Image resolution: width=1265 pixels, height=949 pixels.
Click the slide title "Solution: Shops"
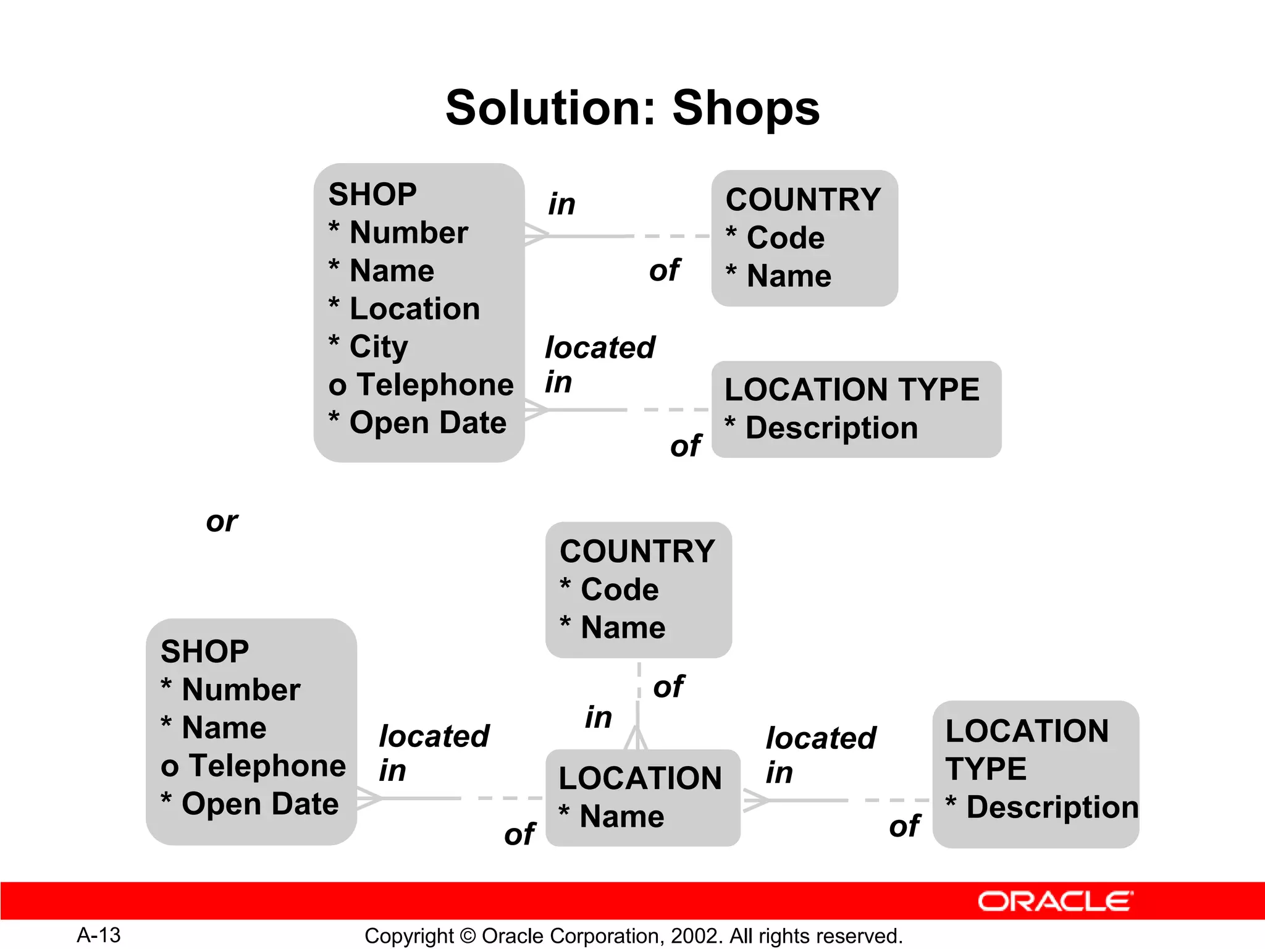(x=632, y=108)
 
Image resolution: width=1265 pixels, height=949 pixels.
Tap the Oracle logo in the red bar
(x=1055, y=901)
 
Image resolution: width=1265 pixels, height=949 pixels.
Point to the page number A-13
(x=99, y=935)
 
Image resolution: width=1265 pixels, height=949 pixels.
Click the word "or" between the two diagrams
(x=222, y=522)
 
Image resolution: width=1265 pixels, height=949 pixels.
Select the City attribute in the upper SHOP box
(x=378, y=347)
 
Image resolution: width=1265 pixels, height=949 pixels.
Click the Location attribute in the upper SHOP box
(x=414, y=308)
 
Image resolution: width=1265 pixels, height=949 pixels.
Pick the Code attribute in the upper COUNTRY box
(x=785, y=238)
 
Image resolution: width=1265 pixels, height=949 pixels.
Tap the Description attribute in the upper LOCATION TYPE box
(x=831, y=428)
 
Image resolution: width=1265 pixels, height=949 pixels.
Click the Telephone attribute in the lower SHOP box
(x=267, y=766)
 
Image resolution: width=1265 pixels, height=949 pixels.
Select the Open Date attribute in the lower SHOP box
(x=259, y=804)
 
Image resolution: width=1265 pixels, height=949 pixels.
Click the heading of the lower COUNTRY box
(x=637, y=551)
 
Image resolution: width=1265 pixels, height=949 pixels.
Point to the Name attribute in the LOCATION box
(x=621, y=816)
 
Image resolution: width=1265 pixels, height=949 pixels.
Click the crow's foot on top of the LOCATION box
(x=636, y=738)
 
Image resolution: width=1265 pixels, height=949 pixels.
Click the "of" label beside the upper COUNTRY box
(x=665, y=271)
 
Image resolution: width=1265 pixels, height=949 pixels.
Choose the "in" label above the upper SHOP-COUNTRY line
(x=561, y=205)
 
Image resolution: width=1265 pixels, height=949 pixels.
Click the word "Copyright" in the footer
(x=409, y=936)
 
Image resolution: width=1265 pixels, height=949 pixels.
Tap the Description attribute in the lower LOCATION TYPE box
(x=1052, y=807)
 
